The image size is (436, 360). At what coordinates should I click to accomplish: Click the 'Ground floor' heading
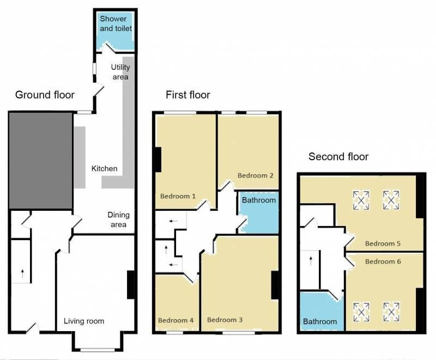[45, 95]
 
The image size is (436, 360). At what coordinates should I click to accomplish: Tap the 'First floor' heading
[187, 95]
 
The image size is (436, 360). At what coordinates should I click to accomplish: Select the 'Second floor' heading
[338, 157]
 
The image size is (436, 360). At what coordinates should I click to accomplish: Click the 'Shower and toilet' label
[116, 23]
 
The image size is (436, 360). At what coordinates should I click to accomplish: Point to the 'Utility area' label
[120, 72]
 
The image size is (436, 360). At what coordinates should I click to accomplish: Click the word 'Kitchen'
[104, 169]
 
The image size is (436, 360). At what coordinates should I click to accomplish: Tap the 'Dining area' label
[118, 219]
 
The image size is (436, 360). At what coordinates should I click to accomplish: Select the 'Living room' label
[84, 321]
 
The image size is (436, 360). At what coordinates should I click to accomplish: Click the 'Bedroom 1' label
[178, 196]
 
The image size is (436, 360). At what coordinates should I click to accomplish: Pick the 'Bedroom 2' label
[255, 175]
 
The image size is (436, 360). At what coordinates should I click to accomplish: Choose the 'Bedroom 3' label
[225, 320]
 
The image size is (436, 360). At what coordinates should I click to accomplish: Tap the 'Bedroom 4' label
[175, 320]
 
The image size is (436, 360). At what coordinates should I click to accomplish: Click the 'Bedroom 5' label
[383, 243]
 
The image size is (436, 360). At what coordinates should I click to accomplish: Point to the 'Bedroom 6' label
[383, 261]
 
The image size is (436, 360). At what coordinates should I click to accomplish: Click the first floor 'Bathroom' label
[258, 200]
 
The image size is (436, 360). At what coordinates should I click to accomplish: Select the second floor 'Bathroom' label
[320, 322]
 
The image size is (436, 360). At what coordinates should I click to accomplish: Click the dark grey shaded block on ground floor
[40, 161]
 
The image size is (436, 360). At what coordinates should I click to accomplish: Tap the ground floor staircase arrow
[22, 273]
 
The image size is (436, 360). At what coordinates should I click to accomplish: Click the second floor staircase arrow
[311, 261]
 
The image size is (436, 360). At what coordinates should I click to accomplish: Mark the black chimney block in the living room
[131, 285]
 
